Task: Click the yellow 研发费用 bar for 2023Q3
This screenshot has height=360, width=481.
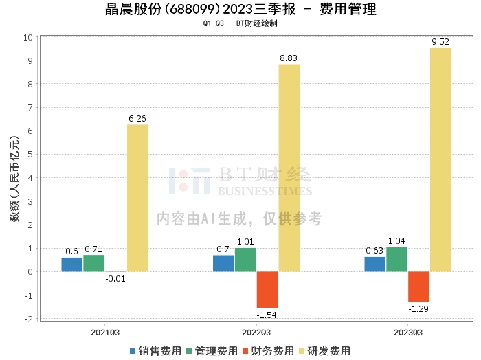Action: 440,159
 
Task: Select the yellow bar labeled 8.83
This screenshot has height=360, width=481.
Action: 289,168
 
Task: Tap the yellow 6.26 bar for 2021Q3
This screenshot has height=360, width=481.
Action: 137,198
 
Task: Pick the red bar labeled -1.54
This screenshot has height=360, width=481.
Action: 267,289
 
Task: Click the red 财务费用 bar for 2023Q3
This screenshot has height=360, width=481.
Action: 418,286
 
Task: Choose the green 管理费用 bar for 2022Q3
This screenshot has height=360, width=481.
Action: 245,260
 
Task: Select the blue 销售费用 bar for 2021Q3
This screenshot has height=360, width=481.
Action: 72,265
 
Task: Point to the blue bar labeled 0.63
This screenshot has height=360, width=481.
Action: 375,264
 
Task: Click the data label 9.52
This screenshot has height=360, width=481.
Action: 440,43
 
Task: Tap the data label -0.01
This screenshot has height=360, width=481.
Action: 115,278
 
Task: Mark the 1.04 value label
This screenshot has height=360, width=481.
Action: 396,241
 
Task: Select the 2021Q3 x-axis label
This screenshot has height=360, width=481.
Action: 105,331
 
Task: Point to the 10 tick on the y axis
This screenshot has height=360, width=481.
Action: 29,37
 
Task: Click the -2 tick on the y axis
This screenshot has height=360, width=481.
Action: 29,319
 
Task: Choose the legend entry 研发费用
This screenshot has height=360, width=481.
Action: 327,351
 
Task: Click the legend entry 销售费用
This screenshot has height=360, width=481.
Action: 157,351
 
